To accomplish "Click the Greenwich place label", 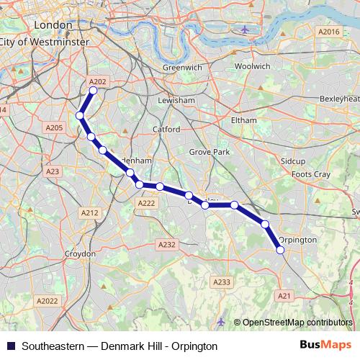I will click(182, 67).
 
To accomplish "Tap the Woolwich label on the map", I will click(252, 66).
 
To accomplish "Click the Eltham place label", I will click(243, 120).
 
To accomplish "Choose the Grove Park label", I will click(209, 153).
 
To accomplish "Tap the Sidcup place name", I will click(294, 160).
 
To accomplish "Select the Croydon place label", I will click(80, 254).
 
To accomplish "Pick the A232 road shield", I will click(166, 245).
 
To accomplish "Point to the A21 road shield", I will click(284, 295).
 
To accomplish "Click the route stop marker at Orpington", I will click(281, 250).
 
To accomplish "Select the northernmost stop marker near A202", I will click(93, 91).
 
